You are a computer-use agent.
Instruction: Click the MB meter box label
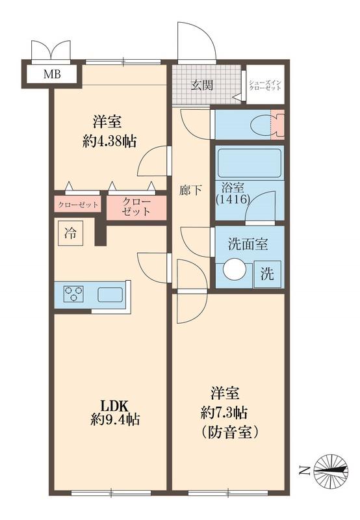click(53, 74)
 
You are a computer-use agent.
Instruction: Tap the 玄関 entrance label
click(202, 86)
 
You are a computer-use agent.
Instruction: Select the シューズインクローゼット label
click(265, 85)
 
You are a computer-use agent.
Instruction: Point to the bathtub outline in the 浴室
click(250, 164)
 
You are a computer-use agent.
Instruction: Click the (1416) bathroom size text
click(233, 200)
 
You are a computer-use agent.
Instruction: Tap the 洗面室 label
click(248, 244)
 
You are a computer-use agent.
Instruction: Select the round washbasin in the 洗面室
click(235, 269)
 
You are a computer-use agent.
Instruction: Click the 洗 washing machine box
click(267, 274)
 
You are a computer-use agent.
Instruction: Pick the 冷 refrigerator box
click(70, 233)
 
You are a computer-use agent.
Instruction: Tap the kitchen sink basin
click(110, 294)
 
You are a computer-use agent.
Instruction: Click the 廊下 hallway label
click(190, 190)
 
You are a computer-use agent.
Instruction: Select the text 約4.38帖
click(109, 142)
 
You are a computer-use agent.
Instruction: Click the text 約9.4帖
click(115, 420)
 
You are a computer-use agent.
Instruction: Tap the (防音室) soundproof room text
click(229, 432)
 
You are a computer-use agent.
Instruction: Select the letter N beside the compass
click(303, 470)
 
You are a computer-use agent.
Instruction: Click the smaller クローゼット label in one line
click(78, 205)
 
